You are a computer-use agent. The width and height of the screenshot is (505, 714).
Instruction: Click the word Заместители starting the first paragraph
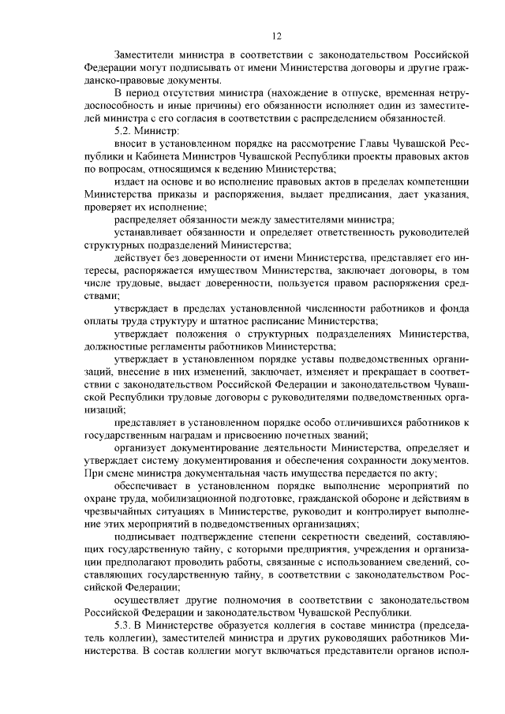pyautogui.click(x=145, y=56)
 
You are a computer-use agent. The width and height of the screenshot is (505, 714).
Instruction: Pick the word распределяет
pyautogui.click(x=147, y=219)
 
